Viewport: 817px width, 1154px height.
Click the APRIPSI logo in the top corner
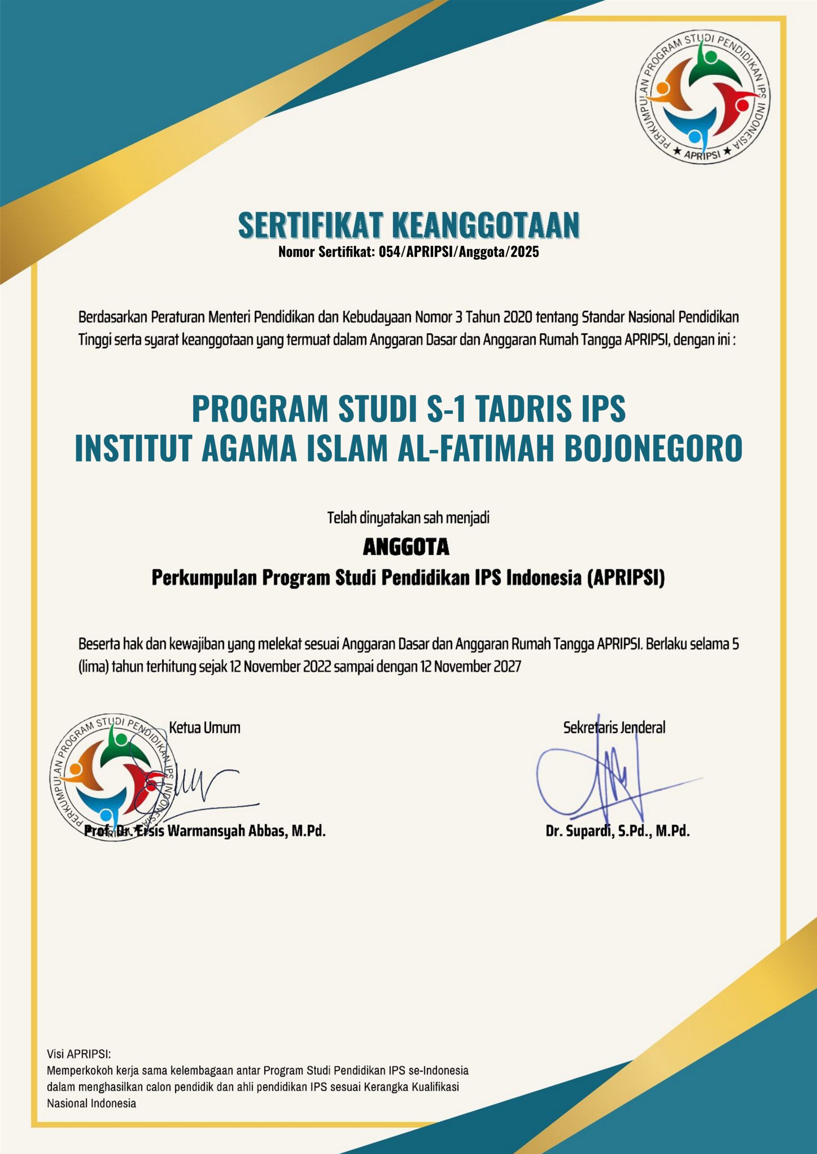[703, 97]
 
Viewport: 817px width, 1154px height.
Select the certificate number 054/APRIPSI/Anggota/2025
[459, 252]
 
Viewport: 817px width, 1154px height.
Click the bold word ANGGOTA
[406, 547]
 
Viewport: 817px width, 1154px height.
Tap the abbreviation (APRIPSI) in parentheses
[626, 578]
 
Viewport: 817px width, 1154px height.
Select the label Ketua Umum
[204, 727]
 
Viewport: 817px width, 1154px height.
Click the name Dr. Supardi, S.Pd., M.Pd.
[617, 831]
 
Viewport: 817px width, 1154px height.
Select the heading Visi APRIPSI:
[78, 1053]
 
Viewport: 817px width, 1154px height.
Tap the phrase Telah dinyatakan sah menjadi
[408, 517]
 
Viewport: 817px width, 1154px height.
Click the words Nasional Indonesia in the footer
[92, 1103]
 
